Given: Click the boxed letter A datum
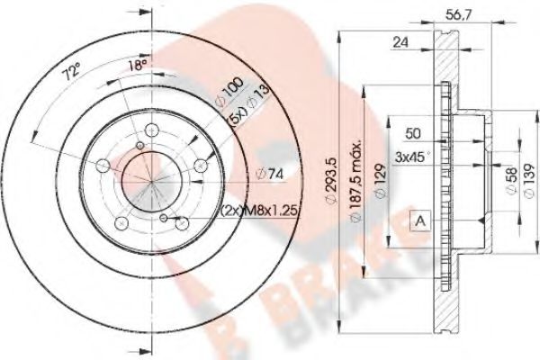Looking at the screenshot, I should pos(418,220).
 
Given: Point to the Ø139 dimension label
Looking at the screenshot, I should pos(525,172).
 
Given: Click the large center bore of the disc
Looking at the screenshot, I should pos(142,172).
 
